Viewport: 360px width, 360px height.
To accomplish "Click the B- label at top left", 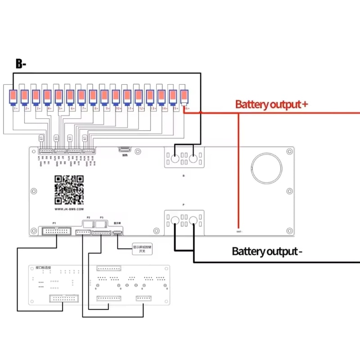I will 21,64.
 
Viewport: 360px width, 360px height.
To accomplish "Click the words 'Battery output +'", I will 271,105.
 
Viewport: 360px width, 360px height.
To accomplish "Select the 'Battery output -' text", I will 267,251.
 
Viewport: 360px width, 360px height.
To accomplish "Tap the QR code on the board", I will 69,190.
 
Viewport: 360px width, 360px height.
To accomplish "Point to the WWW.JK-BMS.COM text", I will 69,209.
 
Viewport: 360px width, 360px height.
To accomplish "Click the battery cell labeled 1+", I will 14,97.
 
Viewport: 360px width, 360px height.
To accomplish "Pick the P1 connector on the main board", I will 56,231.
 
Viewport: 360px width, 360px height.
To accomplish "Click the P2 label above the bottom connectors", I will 88,217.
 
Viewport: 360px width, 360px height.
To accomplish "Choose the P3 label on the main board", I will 102,217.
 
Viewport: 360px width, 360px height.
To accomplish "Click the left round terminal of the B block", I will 175,158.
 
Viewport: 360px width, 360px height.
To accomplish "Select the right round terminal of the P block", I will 194,220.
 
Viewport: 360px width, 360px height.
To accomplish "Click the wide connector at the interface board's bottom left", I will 63,298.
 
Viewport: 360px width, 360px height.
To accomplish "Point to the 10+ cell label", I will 119,108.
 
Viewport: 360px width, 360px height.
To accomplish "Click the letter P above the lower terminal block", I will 184,205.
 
